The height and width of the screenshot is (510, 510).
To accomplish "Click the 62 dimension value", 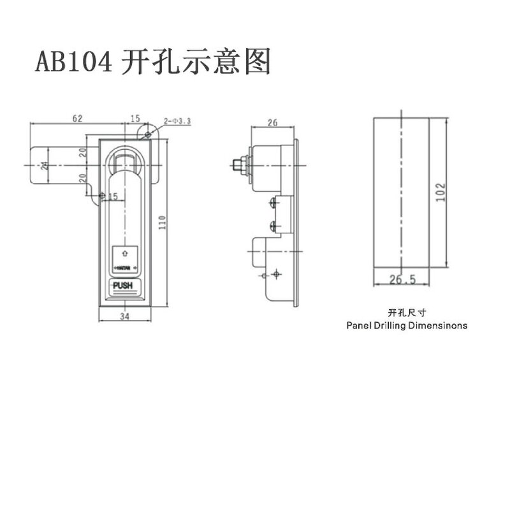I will [77, 119].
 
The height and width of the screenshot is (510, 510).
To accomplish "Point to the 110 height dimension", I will [163, 222].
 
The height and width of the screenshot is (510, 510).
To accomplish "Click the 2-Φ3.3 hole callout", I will [173, 120].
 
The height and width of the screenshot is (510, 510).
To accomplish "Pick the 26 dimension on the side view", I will [272, 122].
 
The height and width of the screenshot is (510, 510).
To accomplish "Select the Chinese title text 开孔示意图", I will [196, 62].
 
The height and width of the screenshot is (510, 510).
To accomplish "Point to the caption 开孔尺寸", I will [406, 313].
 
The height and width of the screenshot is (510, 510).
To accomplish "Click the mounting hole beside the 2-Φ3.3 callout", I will [148, 134].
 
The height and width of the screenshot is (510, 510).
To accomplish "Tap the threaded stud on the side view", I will [240, 165].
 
